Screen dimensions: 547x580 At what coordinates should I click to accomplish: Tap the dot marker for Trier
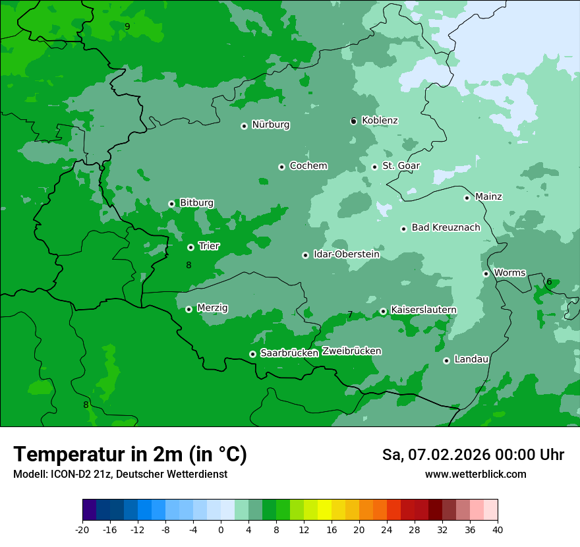click(x=190, y=247)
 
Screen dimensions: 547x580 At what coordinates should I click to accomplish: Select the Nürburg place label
click(x=270, y=125)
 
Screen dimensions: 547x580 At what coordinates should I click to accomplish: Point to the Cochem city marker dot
click(x=281, y=167)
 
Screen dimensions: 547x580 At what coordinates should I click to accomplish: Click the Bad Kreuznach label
click(x=446, y=227)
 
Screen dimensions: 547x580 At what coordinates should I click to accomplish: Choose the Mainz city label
click(x=488, y=196)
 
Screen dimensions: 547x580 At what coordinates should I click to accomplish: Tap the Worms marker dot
click(x=486, y=273)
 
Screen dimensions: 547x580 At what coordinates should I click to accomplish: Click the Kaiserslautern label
click(x=423, y=310)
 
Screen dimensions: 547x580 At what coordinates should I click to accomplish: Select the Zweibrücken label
click(x=351, y=351)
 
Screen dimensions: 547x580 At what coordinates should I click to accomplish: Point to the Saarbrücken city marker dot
click(x=252, y=354)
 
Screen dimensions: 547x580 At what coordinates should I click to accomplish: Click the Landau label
click(x=471, y=359)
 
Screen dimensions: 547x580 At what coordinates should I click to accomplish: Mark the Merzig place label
click(x=212, y=308)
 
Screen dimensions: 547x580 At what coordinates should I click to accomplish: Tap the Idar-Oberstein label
click(x=346, y=254)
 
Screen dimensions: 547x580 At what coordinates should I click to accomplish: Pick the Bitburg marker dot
click(x=171, y=204)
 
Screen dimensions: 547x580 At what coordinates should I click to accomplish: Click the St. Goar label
click(x=401, y=165)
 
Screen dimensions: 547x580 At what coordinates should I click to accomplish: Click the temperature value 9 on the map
click(x=127, y=26)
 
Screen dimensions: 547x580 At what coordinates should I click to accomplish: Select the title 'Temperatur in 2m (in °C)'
click(x=130, y=454)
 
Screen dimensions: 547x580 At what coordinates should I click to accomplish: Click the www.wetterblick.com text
click(x=475, y=474)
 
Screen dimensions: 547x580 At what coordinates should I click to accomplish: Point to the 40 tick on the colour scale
click(x=498, y=529)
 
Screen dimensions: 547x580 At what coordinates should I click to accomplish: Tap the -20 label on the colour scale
click(x=82, y=529)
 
